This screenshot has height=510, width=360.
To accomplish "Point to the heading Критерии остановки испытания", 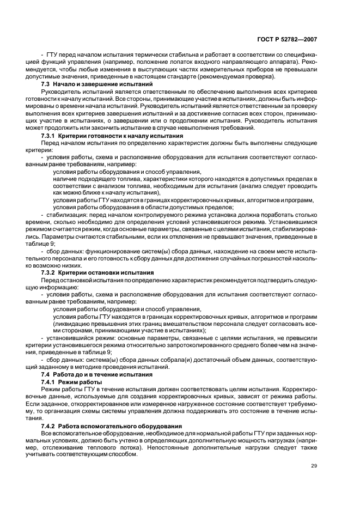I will pos(107,272).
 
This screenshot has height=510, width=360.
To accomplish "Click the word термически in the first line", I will pos(141,56).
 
